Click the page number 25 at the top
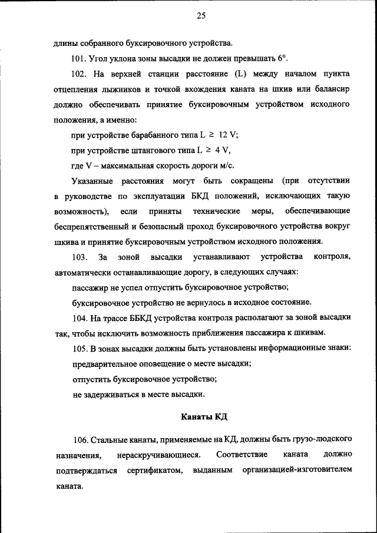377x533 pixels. point(200,16)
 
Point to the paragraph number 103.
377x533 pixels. point(80,257)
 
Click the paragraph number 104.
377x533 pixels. point(80,318)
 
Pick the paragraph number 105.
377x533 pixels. point(80,349)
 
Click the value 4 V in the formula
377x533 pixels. point(219,150)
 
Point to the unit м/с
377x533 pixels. point(232,165)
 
